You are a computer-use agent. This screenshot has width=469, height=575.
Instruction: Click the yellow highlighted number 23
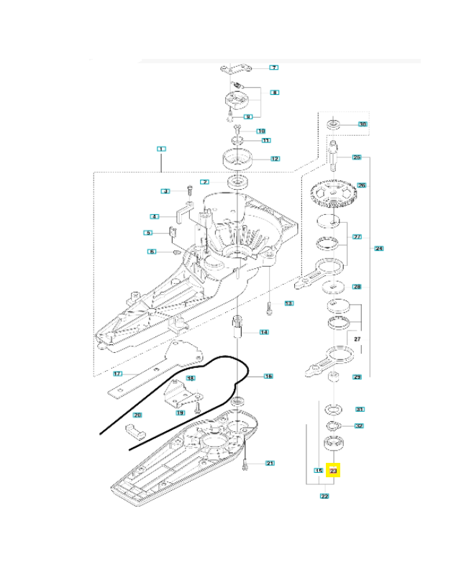[333, 471]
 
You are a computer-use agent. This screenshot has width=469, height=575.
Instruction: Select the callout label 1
[161, 149]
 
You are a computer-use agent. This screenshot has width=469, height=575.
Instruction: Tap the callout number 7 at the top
[273, 68]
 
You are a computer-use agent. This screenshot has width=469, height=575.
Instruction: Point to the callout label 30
[363, 124]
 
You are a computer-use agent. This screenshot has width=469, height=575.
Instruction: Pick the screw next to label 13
[268, 307]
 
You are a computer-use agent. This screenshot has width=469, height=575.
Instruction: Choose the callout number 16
[268, 376]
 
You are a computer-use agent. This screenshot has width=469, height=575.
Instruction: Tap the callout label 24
[378, 249]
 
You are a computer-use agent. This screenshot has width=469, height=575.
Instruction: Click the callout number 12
[274, 158]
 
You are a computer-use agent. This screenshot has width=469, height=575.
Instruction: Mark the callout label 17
[119, 373]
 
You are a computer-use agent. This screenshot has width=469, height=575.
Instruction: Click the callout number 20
[137, 415]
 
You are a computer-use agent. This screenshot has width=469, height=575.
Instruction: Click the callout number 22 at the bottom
[324, 495]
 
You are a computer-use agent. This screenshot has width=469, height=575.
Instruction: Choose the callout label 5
[147, 232]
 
